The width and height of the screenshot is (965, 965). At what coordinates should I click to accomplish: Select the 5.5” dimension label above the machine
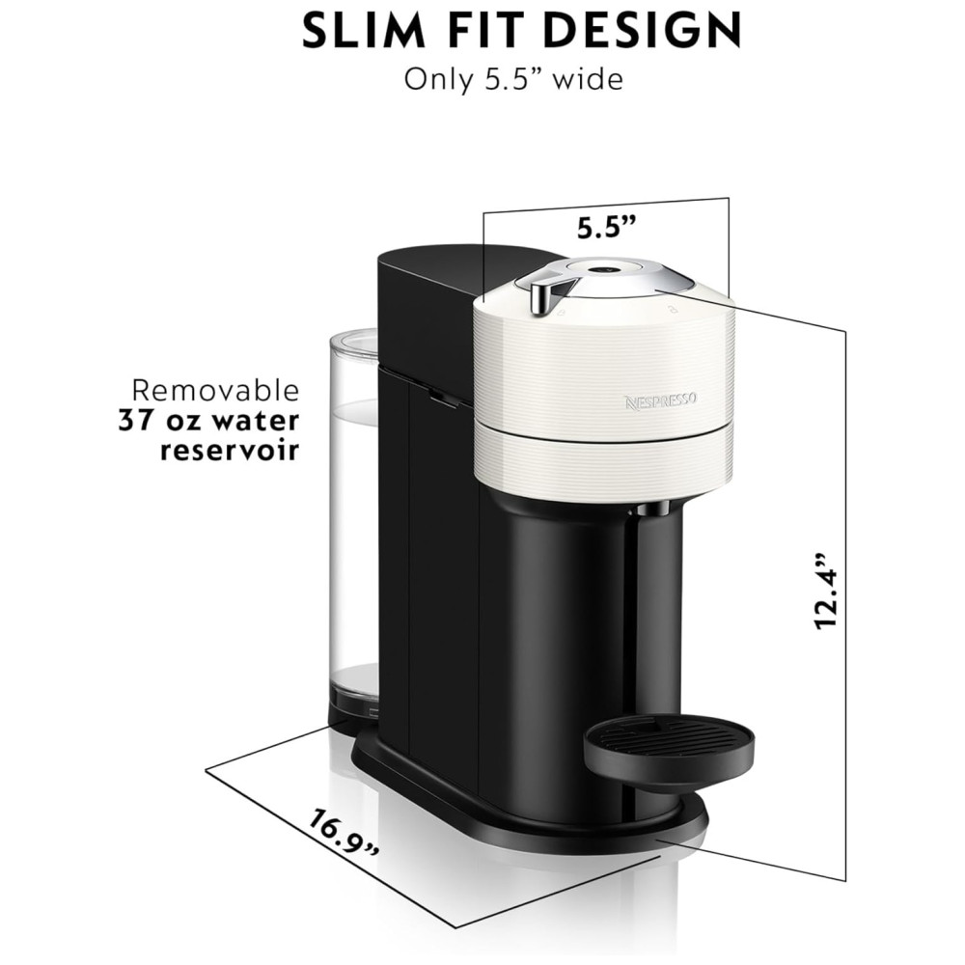click(x=606, y=228)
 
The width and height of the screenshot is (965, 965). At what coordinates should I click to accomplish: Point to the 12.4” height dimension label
click(x=826, y=591)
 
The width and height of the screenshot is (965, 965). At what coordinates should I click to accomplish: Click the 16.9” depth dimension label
click(x=345, y=833)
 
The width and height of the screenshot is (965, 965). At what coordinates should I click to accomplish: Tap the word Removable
click(x=215, y=390)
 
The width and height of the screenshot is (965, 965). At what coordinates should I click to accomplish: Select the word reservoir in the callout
click(x=230, y=451)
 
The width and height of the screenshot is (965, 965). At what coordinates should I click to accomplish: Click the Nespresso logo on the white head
click(x=661, y=400)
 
